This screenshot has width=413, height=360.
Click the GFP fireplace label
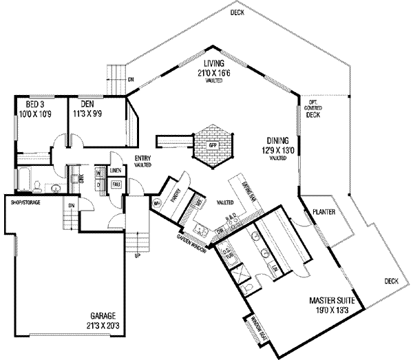(x=213, y=144)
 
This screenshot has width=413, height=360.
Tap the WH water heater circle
(x=156, y=202)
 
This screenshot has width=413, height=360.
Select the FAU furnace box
(x=116, y=184)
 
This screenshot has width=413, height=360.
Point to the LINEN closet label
(x=116, y=169)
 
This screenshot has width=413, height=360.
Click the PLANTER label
(x=323, y=212)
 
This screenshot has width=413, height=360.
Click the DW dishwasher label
(x=220, y=229)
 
